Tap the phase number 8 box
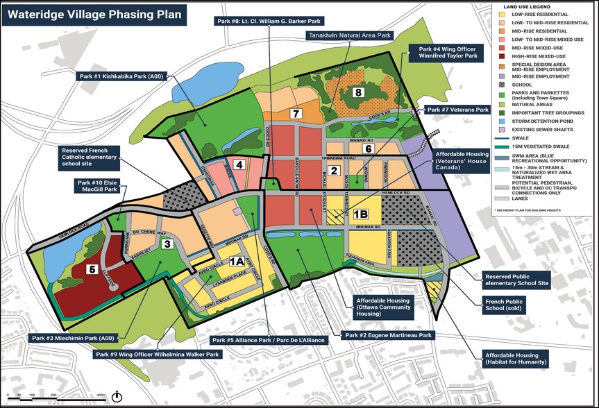pos(359,93)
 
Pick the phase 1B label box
pos(361,215)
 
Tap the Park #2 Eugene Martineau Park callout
pos(387,336)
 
